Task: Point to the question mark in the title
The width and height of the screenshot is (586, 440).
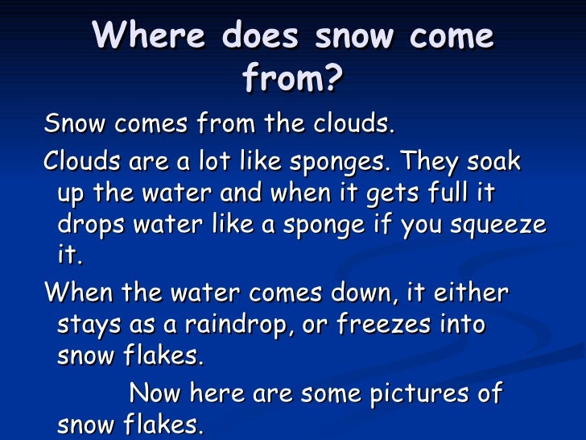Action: coord(334,78)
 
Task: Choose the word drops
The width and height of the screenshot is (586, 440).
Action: coord(92,228)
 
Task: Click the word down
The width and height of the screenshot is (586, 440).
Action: coord(353,293)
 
